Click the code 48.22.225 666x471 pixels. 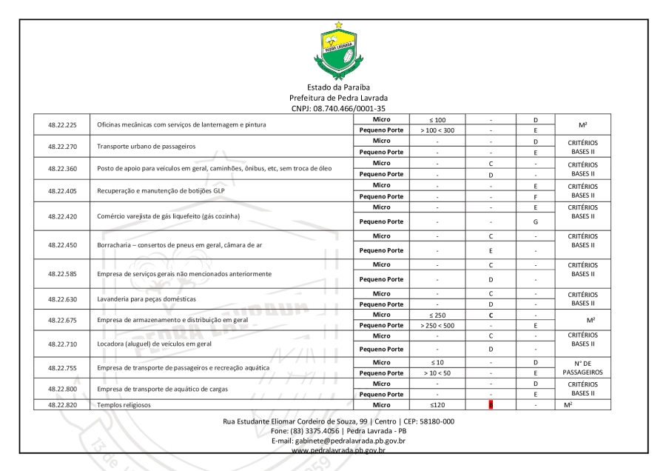coord(62,124)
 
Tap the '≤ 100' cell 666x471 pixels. coord(437,119)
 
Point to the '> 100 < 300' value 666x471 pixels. coord(437,130)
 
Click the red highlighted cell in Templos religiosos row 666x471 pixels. coord(491,405)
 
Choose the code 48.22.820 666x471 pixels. coord(62,405)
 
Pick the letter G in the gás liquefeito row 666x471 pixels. coord(534,221)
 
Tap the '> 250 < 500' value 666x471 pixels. coord(437,325)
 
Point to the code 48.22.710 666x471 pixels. coord(62,344)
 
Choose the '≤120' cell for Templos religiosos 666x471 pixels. coord(437,405)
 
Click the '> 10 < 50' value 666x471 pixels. coord(437,373)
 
